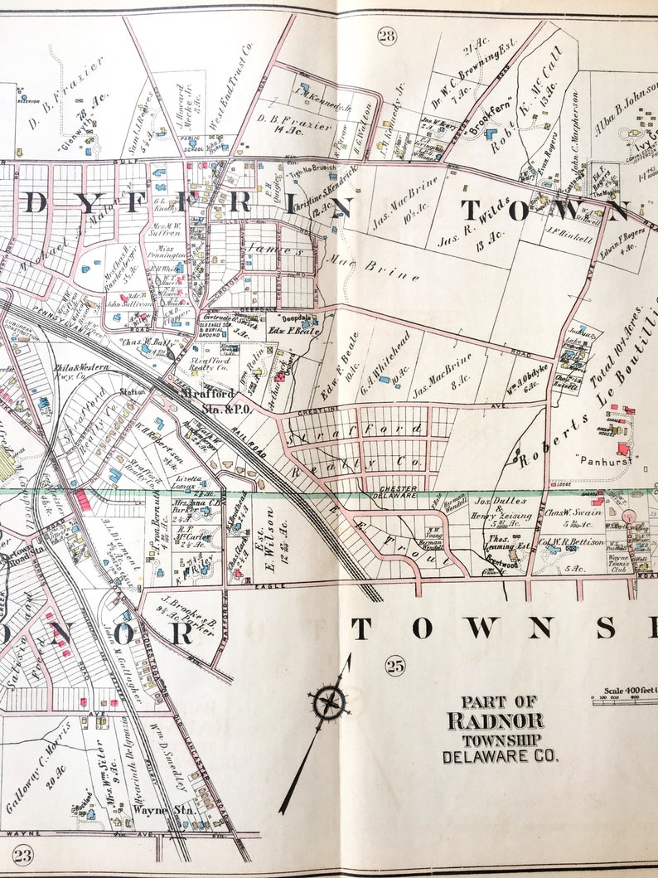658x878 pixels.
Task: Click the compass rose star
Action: coord(329,703)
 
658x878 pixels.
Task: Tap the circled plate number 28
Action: coord(387,35)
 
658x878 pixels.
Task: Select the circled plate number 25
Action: coord(394,663)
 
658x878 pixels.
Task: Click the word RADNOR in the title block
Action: coord(496,720)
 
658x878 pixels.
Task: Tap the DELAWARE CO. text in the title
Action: coord(500,756)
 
